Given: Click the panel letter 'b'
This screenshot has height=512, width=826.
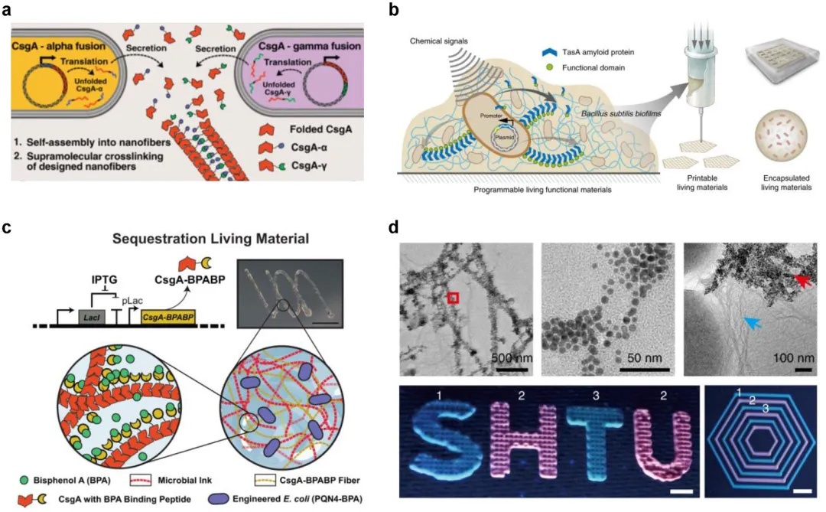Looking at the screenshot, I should [415, 11].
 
